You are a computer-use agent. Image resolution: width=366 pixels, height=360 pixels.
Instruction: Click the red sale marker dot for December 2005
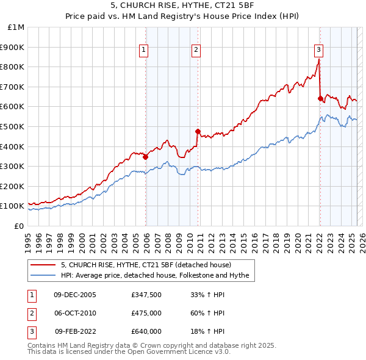tap(146, 157)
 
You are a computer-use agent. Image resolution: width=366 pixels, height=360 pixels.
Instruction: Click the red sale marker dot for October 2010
tap(198, 131)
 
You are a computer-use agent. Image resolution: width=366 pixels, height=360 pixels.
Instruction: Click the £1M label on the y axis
tap(16, 27)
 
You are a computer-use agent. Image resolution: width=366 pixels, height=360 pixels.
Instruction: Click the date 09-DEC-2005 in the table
tap(75, 295)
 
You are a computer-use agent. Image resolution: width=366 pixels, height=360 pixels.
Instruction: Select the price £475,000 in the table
tap(146, 313)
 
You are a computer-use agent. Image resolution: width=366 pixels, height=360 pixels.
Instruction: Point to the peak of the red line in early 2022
tap(318, 60)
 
